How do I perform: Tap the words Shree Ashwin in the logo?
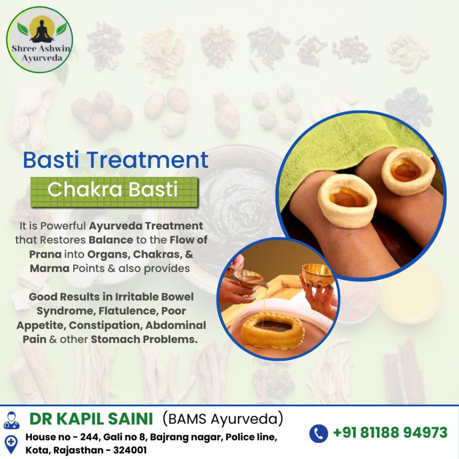pyautogui.click(x=41, y=48)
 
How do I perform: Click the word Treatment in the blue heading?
pyautogui.click(x=147, y=160)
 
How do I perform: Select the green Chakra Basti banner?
pyautogui.click(x=114, y=192)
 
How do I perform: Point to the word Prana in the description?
pyautogui.click(x=45, y=254)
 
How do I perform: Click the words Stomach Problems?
pyautogui.click(x=144, y=339)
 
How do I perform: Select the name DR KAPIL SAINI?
pyautogui.click(x=91, y=419)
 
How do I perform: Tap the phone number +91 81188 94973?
pyautogui.click(x=390, y=433)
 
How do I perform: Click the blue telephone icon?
pyautogui.click(x=319, y=433)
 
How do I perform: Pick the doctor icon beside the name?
pyautogui.click(x=11, y=420)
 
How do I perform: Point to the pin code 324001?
pyautogui.click(x=130, y=450)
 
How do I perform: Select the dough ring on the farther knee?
pyautogui.click(x=408, y=171)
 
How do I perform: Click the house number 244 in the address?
pyautogui.click(x=90, y=437)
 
